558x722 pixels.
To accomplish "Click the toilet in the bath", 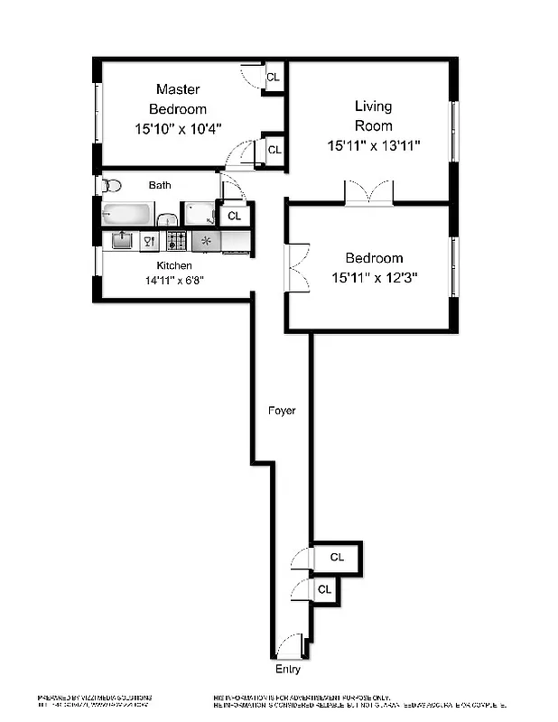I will pos(111,186).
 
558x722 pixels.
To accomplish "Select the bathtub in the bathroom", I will pos(127,215).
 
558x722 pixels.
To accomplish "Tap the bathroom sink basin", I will pos(167,219).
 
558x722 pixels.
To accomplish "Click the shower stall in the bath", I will pos(198,214).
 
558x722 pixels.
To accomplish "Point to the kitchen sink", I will pos(121,240).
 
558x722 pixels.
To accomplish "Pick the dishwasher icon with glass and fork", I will pos(149,241).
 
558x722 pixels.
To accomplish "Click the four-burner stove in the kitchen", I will pos(177,241).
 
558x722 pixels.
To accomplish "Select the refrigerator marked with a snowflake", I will pos(206,241).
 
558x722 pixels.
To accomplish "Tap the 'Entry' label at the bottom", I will pos(288,670).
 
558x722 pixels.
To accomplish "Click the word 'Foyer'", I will pos(282,411).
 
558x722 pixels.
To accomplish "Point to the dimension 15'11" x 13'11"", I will pos(373,145).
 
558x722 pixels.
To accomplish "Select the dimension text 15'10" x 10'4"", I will pos(178,129).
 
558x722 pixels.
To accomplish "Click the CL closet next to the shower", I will pos(234,216).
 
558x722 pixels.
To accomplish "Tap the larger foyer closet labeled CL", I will pos(336,557).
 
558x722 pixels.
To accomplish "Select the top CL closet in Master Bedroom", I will pos(273,78).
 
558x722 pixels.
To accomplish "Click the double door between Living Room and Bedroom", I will pos(369,192).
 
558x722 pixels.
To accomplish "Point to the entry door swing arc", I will pos(289,647).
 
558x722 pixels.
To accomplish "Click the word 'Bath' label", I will pos(160,185).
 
